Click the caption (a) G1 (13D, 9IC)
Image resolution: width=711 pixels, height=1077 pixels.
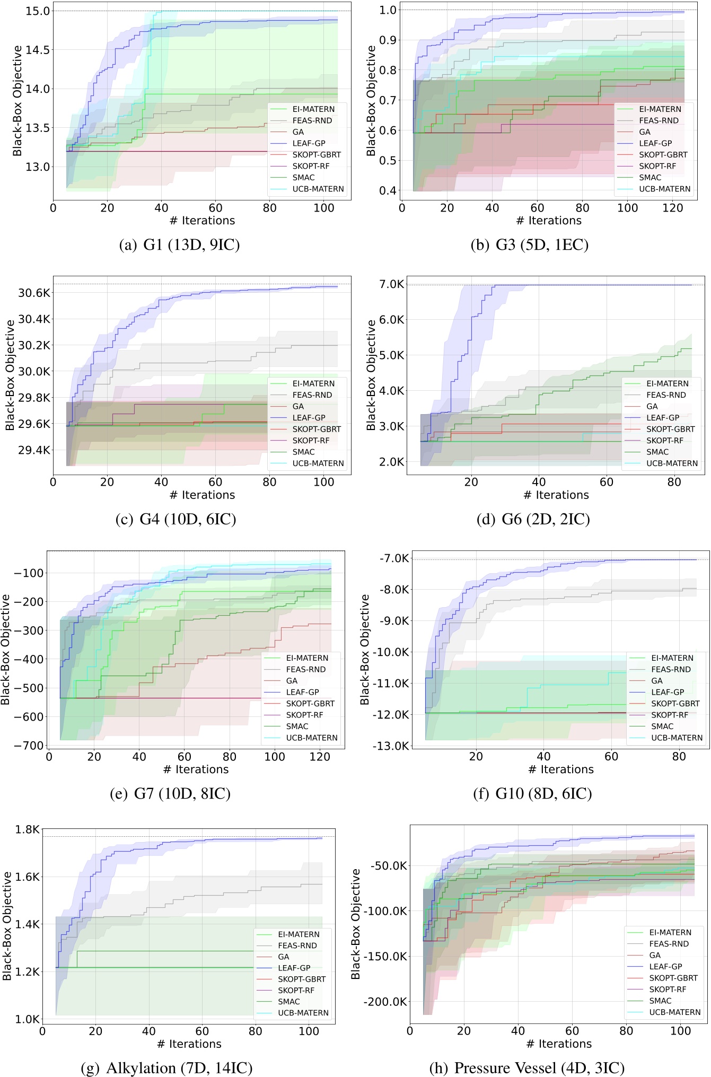[179, 245]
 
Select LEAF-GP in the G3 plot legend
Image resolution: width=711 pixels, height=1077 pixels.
[655, 143]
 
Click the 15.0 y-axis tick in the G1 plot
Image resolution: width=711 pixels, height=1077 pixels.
[38, 11]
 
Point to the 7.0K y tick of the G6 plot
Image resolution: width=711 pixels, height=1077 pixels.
[392, 285]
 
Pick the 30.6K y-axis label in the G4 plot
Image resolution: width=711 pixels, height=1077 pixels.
[34, 293]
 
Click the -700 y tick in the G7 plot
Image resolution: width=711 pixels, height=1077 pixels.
[29, 745]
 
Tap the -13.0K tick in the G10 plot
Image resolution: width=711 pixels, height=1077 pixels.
[391, 746]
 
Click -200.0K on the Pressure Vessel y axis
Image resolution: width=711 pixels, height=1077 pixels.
[385, 1002]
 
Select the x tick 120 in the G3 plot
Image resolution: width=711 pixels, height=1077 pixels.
[673, 208]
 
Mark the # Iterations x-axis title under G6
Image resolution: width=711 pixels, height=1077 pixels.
[556, 495]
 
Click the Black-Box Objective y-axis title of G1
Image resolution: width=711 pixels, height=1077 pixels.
[17, 101]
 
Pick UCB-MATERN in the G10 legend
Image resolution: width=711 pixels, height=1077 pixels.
[677, 738]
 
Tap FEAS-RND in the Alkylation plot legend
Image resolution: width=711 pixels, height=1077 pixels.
[297, 945]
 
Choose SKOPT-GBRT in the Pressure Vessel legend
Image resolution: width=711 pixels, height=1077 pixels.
[673, 978]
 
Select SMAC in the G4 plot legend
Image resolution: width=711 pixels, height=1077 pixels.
[303, 452]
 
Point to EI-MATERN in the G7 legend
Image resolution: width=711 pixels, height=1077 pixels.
[307, 658]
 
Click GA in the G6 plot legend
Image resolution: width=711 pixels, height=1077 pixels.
[652, 406]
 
